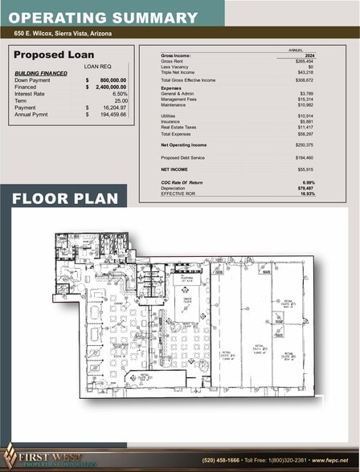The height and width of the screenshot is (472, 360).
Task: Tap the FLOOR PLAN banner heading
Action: point(65,198)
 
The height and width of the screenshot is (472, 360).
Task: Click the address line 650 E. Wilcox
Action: point(63,34)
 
